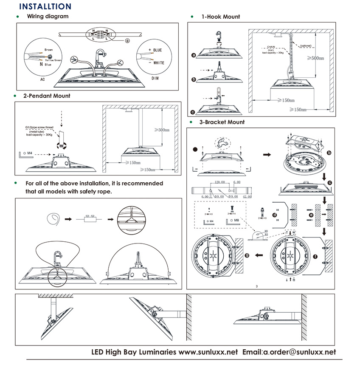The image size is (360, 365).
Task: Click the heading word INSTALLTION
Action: (x=45, y=7)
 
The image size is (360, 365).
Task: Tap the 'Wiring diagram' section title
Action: (x=48, y=17)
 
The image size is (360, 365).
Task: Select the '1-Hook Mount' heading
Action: (x=220, y=17)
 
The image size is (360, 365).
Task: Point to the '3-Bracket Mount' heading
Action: (x=222, y=122)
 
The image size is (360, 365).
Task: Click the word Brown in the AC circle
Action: (x=49, y=50)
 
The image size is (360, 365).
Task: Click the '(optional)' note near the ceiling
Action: (x=306, y=45)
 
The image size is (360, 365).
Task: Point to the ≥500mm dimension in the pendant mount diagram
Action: (x=161, y=130)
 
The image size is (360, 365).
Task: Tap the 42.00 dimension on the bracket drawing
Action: (x=247, y=197)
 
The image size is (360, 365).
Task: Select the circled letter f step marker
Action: (x=315, y=256)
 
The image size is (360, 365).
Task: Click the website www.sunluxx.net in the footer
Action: (x=208, y=352)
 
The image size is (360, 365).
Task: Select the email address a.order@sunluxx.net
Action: (x=300, y=352)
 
